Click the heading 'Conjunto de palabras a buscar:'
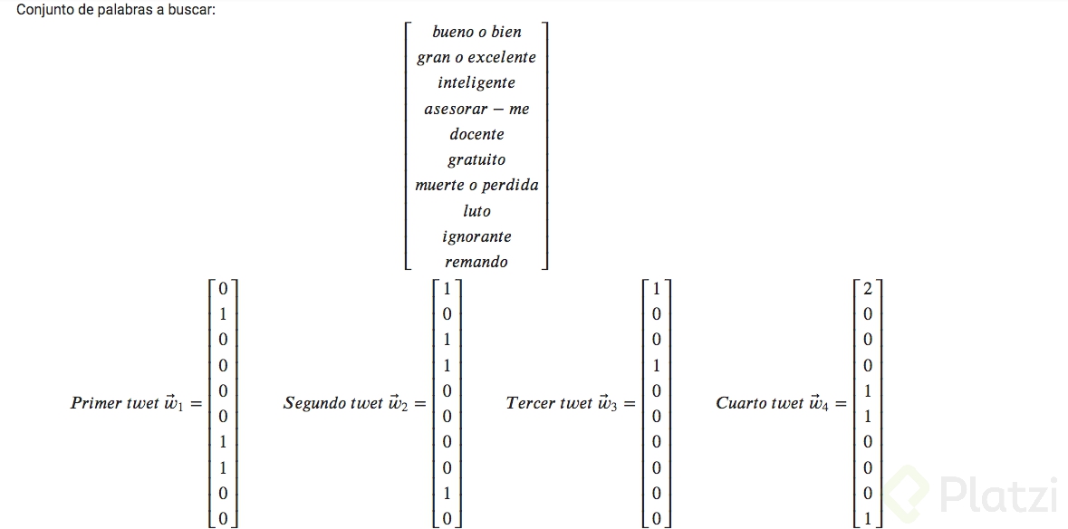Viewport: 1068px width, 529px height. [116, 10]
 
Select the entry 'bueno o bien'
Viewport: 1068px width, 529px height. [476, 32]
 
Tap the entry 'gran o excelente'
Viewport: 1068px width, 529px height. [476, 57]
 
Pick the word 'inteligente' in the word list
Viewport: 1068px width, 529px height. [476, 82]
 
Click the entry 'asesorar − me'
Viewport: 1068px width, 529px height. [476, 109]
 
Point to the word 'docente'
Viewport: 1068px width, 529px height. [476, 134]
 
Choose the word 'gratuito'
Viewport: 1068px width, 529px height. [476, 159]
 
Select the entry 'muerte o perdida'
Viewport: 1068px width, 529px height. [476, 185]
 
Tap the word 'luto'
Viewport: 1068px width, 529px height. [476, 211]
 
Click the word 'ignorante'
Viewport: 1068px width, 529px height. [476, 236]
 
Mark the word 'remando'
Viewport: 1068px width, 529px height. [476, 262]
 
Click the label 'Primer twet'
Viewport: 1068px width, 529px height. [114, 403]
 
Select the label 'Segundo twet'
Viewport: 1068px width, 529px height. [333, 403]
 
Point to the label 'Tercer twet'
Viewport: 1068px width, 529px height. [549, 403]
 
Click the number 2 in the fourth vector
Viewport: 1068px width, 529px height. [868, 289]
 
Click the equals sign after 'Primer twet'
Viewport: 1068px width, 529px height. [196, 403]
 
